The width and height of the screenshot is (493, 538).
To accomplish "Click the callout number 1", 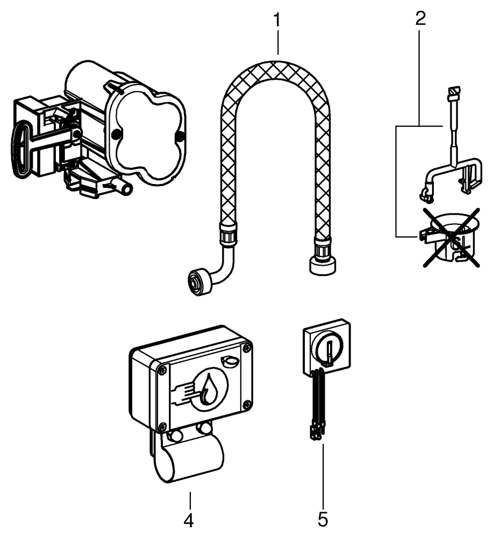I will (277, 22).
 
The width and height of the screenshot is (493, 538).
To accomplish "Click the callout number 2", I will (420, 18).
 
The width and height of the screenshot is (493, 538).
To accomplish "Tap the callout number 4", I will (189, 520).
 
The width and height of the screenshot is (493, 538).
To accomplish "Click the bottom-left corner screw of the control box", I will (162, 427).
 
